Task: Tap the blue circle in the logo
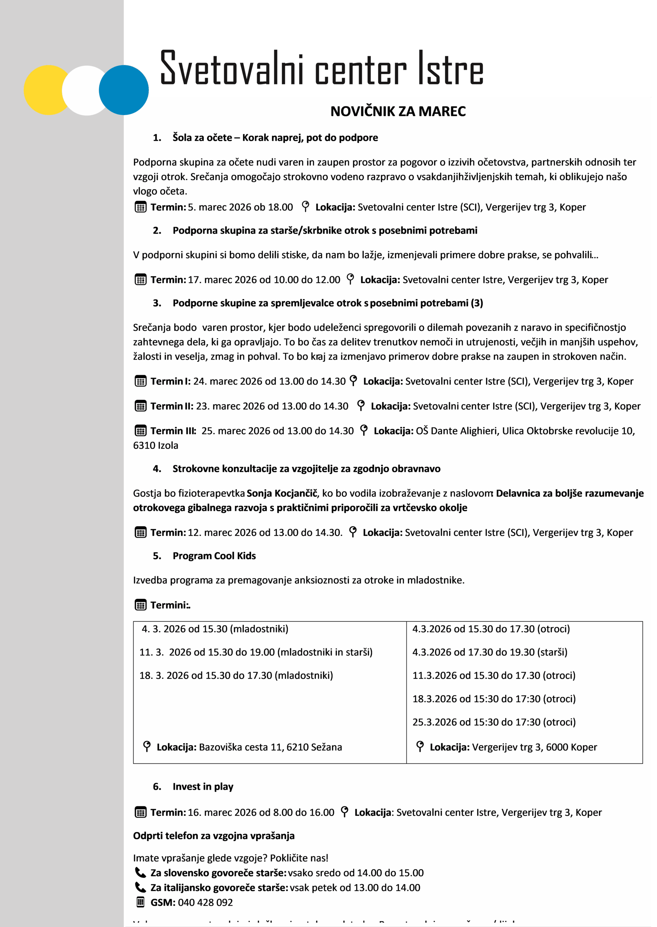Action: coord(124,90)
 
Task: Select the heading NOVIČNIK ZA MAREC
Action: coord(398,111)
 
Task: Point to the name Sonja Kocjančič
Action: coord(282,493)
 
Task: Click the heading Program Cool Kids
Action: coord(214,556)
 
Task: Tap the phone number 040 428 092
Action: coord(205,902)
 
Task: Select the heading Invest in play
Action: coord(203,786)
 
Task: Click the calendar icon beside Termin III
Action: coord(141,431)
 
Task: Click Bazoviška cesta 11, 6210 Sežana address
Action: coord(270,747)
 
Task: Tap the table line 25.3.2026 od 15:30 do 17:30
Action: coord(494,722)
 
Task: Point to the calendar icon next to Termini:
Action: coord(141,605)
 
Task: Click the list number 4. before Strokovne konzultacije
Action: coord(157,469)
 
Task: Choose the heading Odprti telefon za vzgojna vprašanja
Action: coord(214,836)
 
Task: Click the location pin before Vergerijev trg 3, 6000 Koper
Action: coord(420,746)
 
